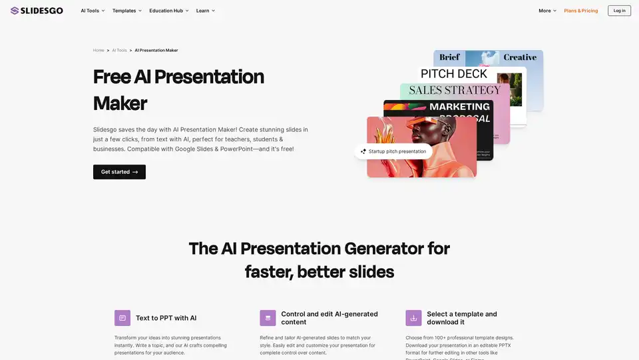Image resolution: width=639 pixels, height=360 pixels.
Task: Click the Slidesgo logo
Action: click(37, 11)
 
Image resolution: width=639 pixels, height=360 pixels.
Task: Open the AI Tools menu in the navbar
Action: click(93, 11)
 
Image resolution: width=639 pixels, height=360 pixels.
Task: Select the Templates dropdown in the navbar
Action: click(126, 11)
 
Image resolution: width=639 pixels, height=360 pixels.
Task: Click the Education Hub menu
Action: click(168, 11)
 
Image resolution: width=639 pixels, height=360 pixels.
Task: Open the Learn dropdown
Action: click(205, 11)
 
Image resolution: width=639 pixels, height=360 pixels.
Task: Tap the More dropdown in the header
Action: click(547, 11)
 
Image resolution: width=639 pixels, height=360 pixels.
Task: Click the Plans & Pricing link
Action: click(580, 11)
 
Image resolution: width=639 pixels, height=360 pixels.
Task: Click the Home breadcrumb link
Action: click(99, 51)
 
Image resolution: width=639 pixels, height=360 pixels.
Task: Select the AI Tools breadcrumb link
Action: click(119, 51)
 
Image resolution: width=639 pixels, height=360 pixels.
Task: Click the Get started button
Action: click(119, 172)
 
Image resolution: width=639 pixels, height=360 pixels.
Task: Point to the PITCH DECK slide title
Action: click(454, 74)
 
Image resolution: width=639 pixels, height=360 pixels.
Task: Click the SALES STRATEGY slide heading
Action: click(455, 90)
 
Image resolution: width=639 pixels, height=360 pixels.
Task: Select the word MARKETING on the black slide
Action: click(459, 107)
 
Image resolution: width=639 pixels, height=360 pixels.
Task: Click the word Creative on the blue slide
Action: click(520, 57)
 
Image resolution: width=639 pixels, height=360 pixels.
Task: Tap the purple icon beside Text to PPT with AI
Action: click(122, 318)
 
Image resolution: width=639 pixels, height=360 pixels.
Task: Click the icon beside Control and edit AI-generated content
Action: click(268, 318)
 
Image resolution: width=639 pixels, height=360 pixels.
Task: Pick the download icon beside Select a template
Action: click(413, 318)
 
